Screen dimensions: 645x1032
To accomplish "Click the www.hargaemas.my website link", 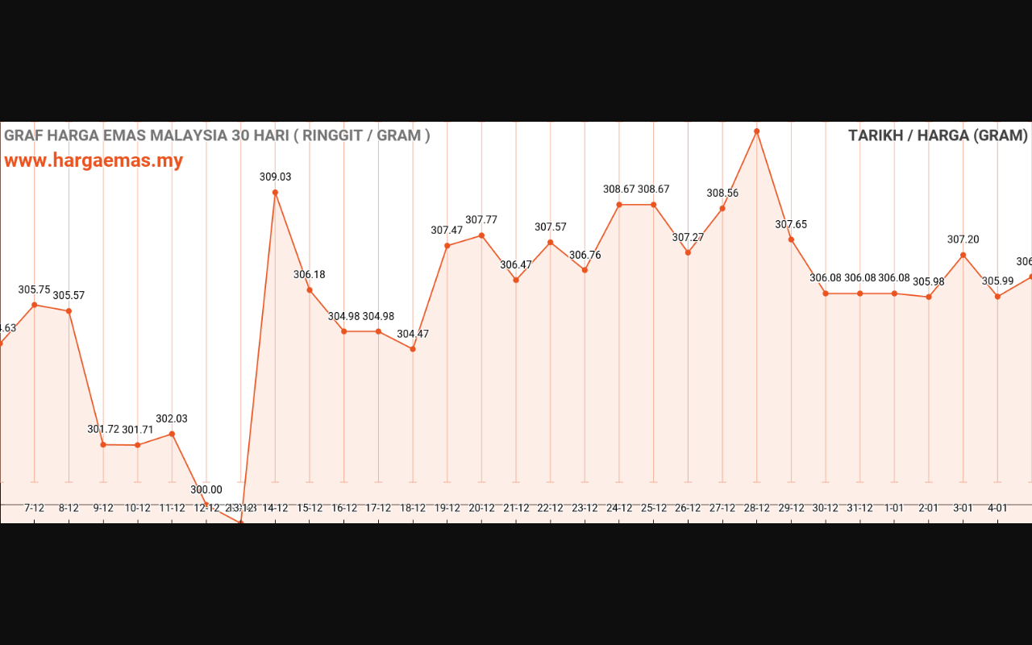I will [x=94, y=160].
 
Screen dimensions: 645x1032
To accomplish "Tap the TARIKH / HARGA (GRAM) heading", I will [x=938, y=135].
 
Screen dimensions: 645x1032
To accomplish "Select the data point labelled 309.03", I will [x=275, y=193].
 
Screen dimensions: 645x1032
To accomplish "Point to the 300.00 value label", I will [x=206, y=489].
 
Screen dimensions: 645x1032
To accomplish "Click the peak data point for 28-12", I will [x=757, y=131].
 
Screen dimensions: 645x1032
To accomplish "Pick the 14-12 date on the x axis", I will [x=276, y=509].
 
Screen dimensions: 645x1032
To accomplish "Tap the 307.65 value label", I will [x=791, y=225].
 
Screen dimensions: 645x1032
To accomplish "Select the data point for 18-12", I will [x=413, y=349].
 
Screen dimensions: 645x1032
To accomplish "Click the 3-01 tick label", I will [x=963, y=509].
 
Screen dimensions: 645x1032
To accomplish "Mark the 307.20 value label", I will [x=963, y=239].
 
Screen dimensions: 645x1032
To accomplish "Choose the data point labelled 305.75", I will [x=35, y=305].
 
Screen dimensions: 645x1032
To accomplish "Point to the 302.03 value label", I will [x=172, y=419].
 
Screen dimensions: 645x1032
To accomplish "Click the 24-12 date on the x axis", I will [x=619, y=509].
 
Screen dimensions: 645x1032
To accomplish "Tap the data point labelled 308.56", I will [x=722, y=209].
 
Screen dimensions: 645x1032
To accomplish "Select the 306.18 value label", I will [x=310, y=275].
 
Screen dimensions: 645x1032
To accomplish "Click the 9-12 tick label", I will [x=103, y=509].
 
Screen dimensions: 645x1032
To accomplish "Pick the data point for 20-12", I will [x=481, y=235].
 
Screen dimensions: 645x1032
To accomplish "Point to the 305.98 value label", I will [x=929, y=282].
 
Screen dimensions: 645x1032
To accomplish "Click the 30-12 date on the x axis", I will [x=826, y=509].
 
